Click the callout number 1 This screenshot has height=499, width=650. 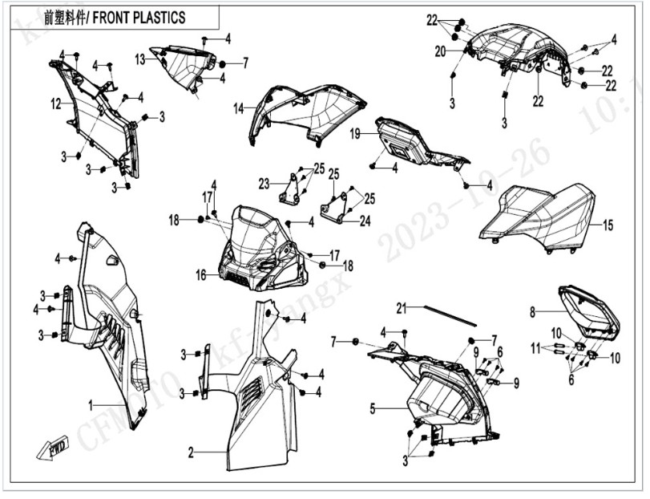[91, 404]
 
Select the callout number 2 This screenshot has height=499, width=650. [191, 453]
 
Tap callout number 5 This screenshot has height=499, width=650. [373, 408]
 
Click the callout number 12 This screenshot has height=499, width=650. [56, 103]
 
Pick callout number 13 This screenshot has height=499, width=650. [139, 59]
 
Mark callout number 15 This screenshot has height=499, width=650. [607, 225]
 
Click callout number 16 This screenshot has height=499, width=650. [201, 274]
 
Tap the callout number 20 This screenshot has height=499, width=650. [440, 51]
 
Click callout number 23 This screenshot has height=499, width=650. [264, 184]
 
